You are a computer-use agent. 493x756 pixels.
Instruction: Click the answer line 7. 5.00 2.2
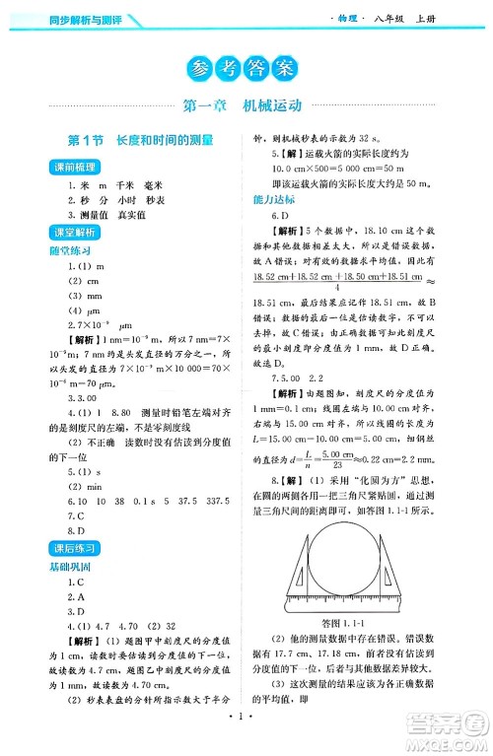tap(296, 378)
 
